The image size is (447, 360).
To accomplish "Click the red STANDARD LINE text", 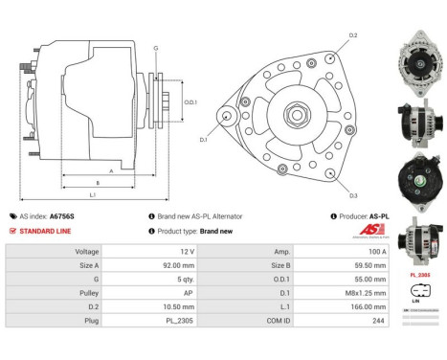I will coord(45,232).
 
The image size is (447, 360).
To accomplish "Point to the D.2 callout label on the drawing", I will coord(353,35).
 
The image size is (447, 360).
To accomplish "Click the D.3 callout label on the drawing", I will coord(353,196).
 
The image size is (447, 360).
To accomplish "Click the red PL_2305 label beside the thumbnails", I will coord(418,274).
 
